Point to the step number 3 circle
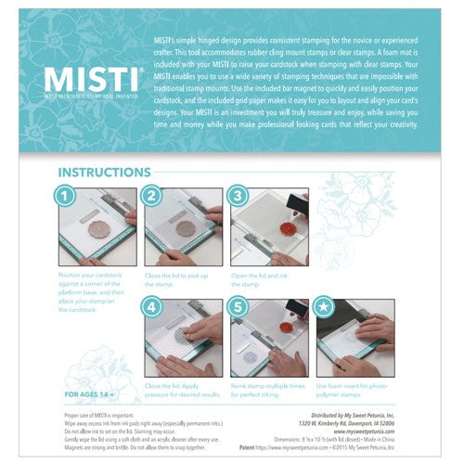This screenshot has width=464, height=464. pyautogui.click(x=238, y=197)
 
